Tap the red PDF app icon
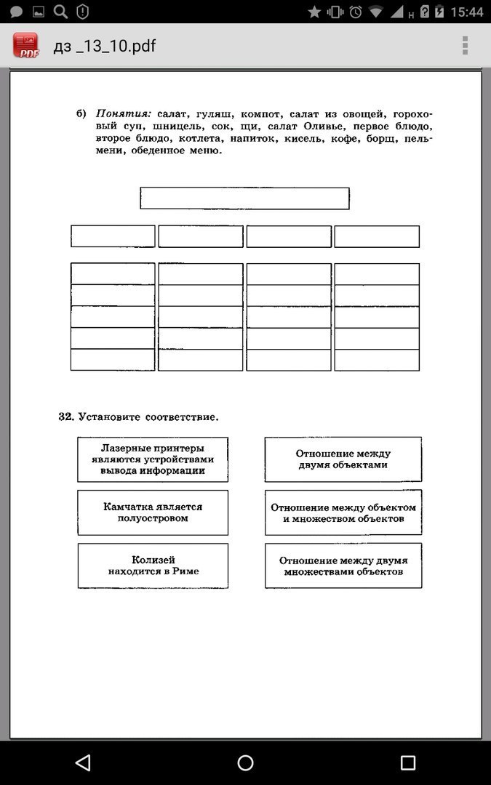pos(26,46)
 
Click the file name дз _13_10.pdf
pos(105,47)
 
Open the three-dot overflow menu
pos(465,46)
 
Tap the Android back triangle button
pos(82,762)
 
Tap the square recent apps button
pos(408,762)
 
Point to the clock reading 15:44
pos(466,12)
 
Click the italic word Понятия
pos(124,114)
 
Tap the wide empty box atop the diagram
pos(244,198)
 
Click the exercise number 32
pos(66,416)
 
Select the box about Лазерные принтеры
pos(153,459)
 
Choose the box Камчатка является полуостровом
pos(153,512)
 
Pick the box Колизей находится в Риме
pos(153,565)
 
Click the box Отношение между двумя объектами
pos(343,459)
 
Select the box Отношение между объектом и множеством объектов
pos(343,512)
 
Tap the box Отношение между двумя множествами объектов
pos(343,565)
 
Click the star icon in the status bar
pos(314,12)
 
